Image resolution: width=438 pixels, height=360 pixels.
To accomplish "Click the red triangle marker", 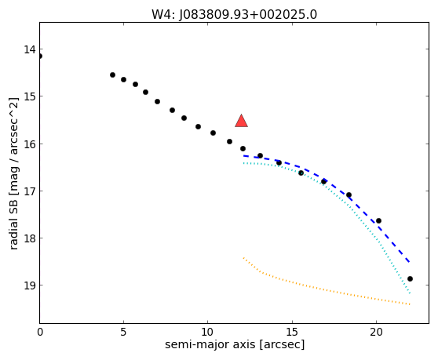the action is coord(241,121).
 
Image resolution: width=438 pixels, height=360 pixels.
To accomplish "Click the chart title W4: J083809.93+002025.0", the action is coord(235,14).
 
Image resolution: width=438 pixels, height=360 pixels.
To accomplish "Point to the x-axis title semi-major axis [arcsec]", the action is coord(235,344).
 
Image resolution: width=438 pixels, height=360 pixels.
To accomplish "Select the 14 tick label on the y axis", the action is coord(30,49).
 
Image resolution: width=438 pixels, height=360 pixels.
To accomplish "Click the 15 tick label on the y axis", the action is coord(30,96).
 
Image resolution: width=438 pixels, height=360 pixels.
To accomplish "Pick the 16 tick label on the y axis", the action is coord(30,144).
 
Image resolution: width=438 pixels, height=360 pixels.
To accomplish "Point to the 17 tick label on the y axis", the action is coord(30,191).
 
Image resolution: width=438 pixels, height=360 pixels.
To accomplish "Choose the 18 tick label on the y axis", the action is coord(30,238).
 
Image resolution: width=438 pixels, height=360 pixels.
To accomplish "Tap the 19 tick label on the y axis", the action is coord(30,285).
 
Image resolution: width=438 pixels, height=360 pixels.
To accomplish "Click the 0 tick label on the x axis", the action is coord(40,332).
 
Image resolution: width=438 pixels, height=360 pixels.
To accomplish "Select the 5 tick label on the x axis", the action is coord(123,332).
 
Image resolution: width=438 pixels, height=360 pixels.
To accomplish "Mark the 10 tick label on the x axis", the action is coord(207,332).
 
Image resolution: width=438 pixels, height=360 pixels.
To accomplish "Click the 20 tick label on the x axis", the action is coord(376,332).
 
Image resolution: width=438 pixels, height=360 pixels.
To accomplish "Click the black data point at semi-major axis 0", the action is coord(40,56).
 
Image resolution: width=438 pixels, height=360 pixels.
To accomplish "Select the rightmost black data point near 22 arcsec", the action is coord(410,278).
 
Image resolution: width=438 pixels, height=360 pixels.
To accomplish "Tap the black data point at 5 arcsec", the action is coord(123,79).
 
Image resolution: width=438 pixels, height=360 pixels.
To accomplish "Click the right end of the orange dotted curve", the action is coord(410,304).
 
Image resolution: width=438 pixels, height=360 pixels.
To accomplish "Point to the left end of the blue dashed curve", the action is coord(243,156).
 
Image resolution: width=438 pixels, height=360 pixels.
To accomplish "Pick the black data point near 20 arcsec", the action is coord(379,220).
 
